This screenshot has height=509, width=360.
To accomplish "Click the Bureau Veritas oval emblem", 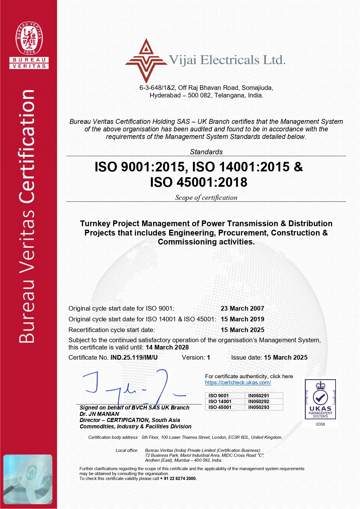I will pyautogui.click(x=29, y=38).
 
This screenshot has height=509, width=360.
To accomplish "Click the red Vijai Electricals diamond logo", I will pyautogui.click(x=146, y=61).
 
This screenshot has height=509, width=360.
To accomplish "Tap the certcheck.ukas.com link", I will pyautogui.click(x=238, y=383).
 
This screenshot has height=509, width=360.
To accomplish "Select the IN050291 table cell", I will pyautogui.click(x=258, y=396).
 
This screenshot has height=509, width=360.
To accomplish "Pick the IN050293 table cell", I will pyautogui.click(x=258, y=407).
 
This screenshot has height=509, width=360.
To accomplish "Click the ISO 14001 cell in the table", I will pyautogui.click(x=220, y=401).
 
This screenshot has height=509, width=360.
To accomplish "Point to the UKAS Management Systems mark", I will pyautogui.click(x=320, y=399).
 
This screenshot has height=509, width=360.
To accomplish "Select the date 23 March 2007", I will pyautogui.click(x=242, y=309).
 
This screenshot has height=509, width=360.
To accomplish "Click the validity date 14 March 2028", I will pyautogui.click(x=167, y=347).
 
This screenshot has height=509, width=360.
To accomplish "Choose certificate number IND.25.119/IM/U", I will pyautogui.click(x=134, y=358).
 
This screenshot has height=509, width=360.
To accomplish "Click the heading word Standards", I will pyautogui.click(x=206, y=152).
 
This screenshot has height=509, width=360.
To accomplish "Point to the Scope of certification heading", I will pyautogui.click(x=206, y=198).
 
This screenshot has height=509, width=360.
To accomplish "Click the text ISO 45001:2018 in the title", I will pyautogui.click(x=199, y=182).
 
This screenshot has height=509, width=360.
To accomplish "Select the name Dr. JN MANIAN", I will pyautogui.click(x=99, y=414).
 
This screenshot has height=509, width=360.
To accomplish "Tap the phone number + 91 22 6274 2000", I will pyautogui.click(x=178, y=479).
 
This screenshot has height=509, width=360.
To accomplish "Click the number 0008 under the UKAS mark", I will pyautogui.click(x=320, y=424).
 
